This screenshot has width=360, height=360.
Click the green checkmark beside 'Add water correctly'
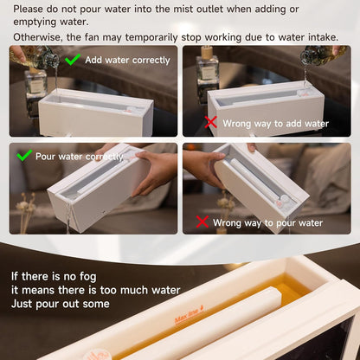[x=74, y=60]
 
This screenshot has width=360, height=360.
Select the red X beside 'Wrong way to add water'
[x=210, y=123]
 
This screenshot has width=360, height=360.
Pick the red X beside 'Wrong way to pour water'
[x=201, y=222]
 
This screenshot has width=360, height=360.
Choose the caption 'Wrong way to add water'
[x=275, y=123]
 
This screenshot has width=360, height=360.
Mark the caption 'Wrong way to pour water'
[x=267, y=222]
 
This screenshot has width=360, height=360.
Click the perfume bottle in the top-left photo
[x=35, y=82]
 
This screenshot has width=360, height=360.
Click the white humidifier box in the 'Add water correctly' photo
[x=95, y=112]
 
